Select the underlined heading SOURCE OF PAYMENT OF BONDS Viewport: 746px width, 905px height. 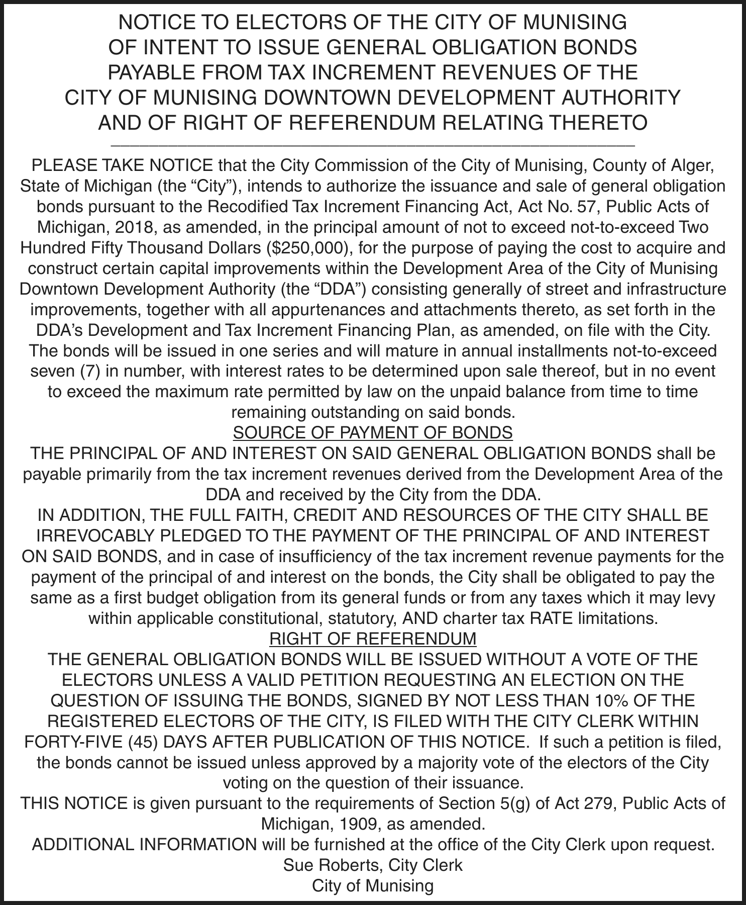coord(373,433)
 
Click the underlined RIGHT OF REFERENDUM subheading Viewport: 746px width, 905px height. coord(373,639)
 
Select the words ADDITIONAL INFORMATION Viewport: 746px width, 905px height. coord(144,845)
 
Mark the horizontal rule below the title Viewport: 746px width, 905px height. coord(373,145)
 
